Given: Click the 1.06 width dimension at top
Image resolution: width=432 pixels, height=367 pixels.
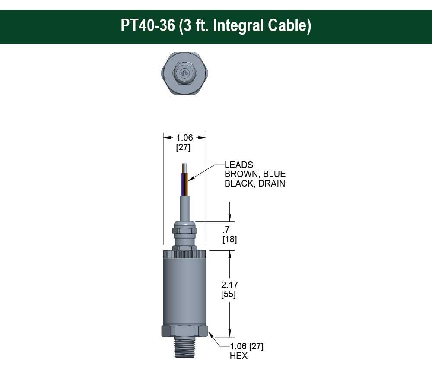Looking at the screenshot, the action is [x=184, y=138].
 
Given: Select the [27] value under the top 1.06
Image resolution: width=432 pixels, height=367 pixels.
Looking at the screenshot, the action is [x=184, y=147].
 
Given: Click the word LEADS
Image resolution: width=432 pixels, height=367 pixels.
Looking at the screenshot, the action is [x=239, y=165].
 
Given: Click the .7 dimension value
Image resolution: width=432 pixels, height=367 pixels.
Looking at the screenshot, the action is [x=226, y=230].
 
